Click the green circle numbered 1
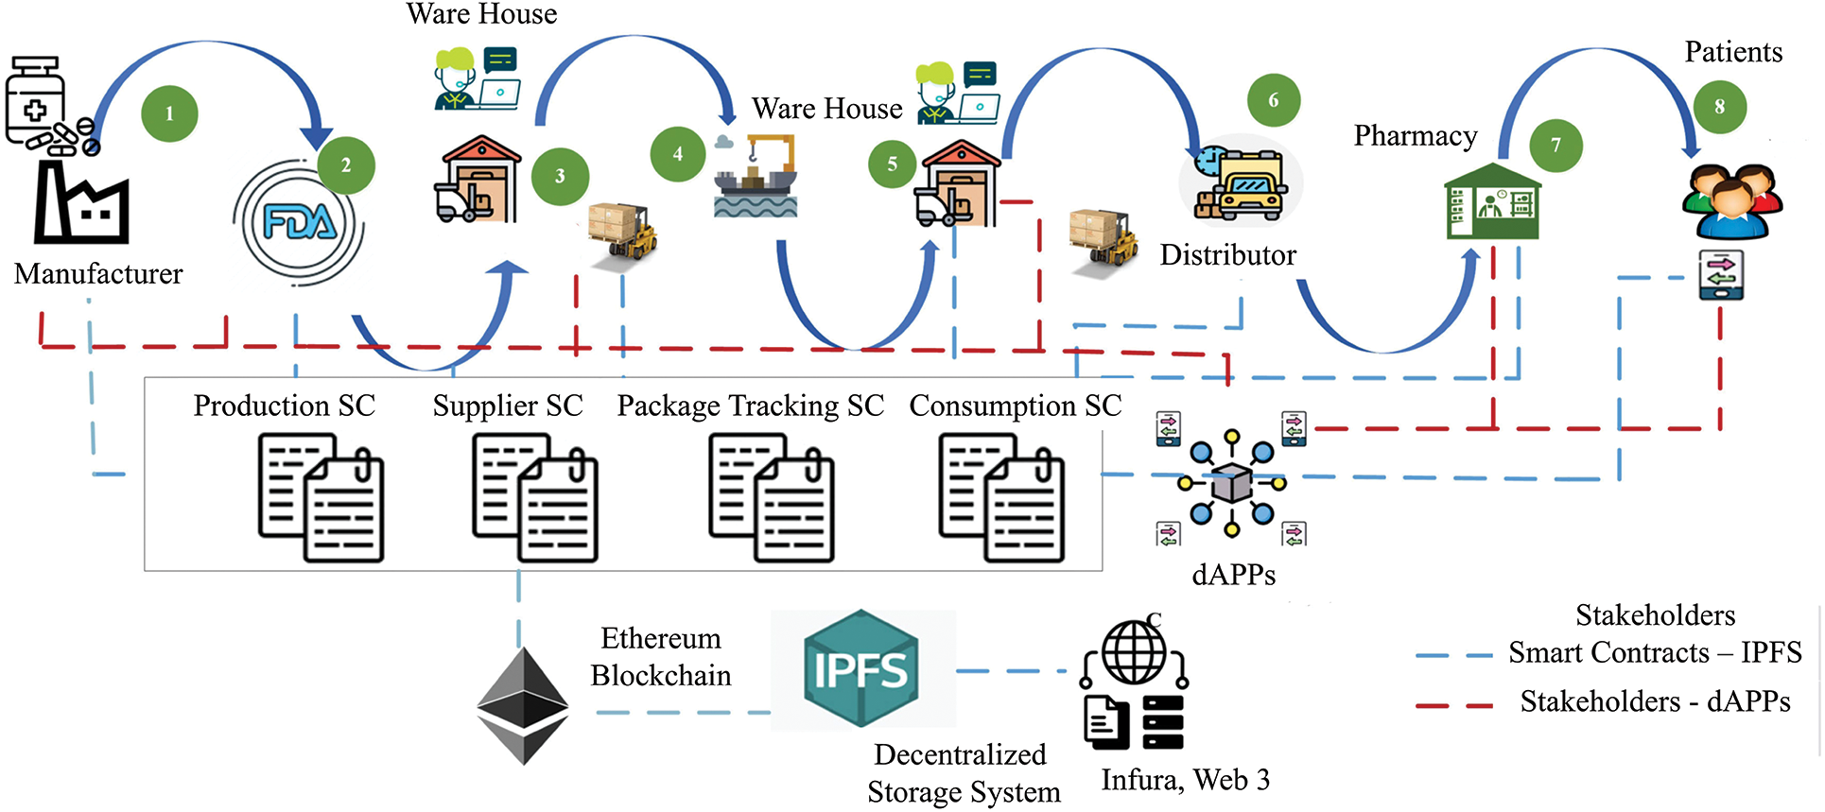(169, 113)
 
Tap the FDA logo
(299, 223)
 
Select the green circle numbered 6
(1274, 99)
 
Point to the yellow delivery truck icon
(1243, 184)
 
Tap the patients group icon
(1732, 201)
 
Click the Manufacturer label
(98, 274)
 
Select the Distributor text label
(1227, 255)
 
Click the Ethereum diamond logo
(523, 705)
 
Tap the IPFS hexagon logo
(861, 668)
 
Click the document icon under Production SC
(322, 498)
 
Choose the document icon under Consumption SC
(1001, 498)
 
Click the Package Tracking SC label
(750, 406)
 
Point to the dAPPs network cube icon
(1232, 483)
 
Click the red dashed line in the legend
(1454, 704)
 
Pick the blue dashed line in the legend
(1454, 655)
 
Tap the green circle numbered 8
(1719, 106)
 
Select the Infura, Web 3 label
(1185, 781)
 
